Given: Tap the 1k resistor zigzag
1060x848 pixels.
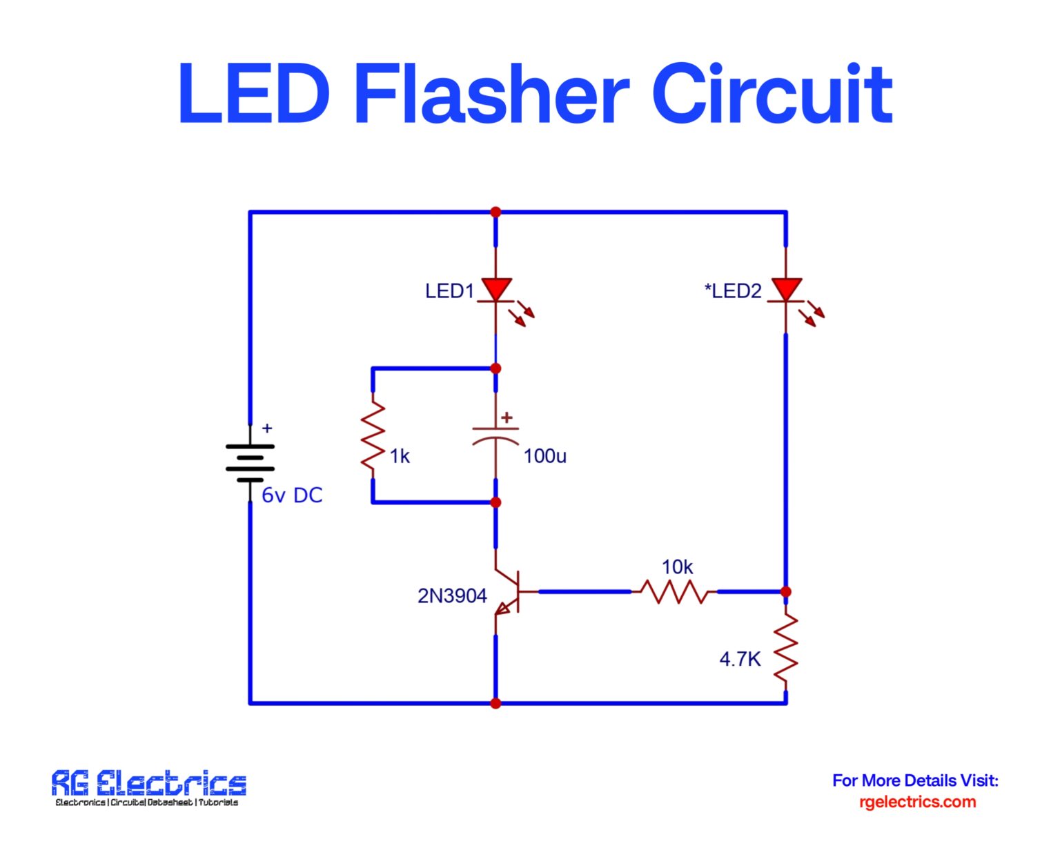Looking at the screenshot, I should point(373,436).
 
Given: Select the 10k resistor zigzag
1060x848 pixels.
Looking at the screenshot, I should point(674,592).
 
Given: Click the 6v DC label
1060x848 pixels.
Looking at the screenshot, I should point(292,495).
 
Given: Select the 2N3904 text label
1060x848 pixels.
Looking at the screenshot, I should point(452,596).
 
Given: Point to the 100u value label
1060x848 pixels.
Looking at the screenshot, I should point(544,456).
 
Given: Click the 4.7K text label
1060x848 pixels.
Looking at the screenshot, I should point(740,660).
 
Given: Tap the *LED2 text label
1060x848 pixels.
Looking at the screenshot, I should point(733,291).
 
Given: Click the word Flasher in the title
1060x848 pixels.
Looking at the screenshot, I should point(491,95).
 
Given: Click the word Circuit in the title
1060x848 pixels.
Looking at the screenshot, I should point(772,95).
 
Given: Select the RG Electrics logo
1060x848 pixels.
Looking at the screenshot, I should point(148,787).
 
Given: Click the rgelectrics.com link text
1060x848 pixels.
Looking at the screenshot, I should point(917,802).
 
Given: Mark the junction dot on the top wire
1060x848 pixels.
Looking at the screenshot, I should point(495,213).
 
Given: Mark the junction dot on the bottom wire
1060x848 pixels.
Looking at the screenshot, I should point(495,703).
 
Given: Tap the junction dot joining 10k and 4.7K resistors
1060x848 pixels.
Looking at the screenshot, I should point(785,592).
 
